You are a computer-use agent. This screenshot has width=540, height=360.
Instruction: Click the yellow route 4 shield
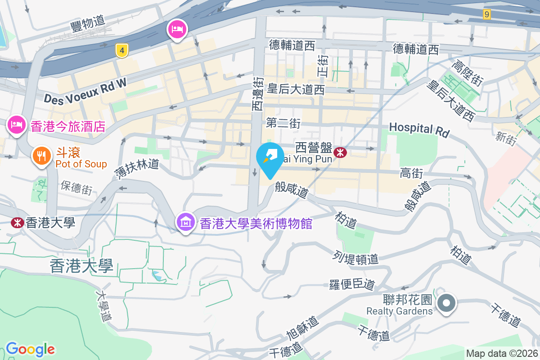tap(121, 50)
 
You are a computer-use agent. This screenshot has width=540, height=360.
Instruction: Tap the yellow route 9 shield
tap(486, 14)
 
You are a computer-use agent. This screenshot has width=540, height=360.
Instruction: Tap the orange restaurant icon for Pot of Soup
tap(41, 156)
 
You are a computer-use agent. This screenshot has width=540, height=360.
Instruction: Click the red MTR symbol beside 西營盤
tap(341, 153)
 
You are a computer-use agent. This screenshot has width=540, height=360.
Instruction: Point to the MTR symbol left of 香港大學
tap(17, 222)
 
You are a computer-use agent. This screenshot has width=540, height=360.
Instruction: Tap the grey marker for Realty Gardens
tap(446, 303)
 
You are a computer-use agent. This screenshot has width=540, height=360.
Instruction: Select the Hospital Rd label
tap(419, 130)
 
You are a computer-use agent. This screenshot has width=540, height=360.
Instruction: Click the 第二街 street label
tap(283, 123)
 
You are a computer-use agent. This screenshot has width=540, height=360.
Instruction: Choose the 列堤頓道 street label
tap(355, 258)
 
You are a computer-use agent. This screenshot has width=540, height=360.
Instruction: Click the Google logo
tap(30, 349)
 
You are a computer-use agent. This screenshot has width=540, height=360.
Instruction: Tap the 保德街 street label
tap(76, 188)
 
